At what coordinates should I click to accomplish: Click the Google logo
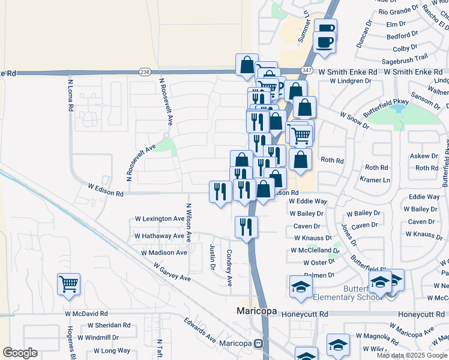coord(20,353)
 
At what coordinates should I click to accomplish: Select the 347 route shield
coord(307,70)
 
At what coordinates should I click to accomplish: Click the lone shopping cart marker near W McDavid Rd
coord(68,283)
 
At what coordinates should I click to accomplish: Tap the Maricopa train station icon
coord(259,344)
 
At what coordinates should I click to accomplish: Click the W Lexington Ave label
coord(159,219)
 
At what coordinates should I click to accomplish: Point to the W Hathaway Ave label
coord(159,236)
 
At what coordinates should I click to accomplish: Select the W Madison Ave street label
coord(164,253)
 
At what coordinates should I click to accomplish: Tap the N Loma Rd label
coord(70,97)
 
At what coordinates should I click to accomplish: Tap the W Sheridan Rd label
coord(108,325)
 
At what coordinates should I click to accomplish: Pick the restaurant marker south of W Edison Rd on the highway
coord(246,226)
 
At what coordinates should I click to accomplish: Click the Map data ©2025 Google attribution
coord(412,355)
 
